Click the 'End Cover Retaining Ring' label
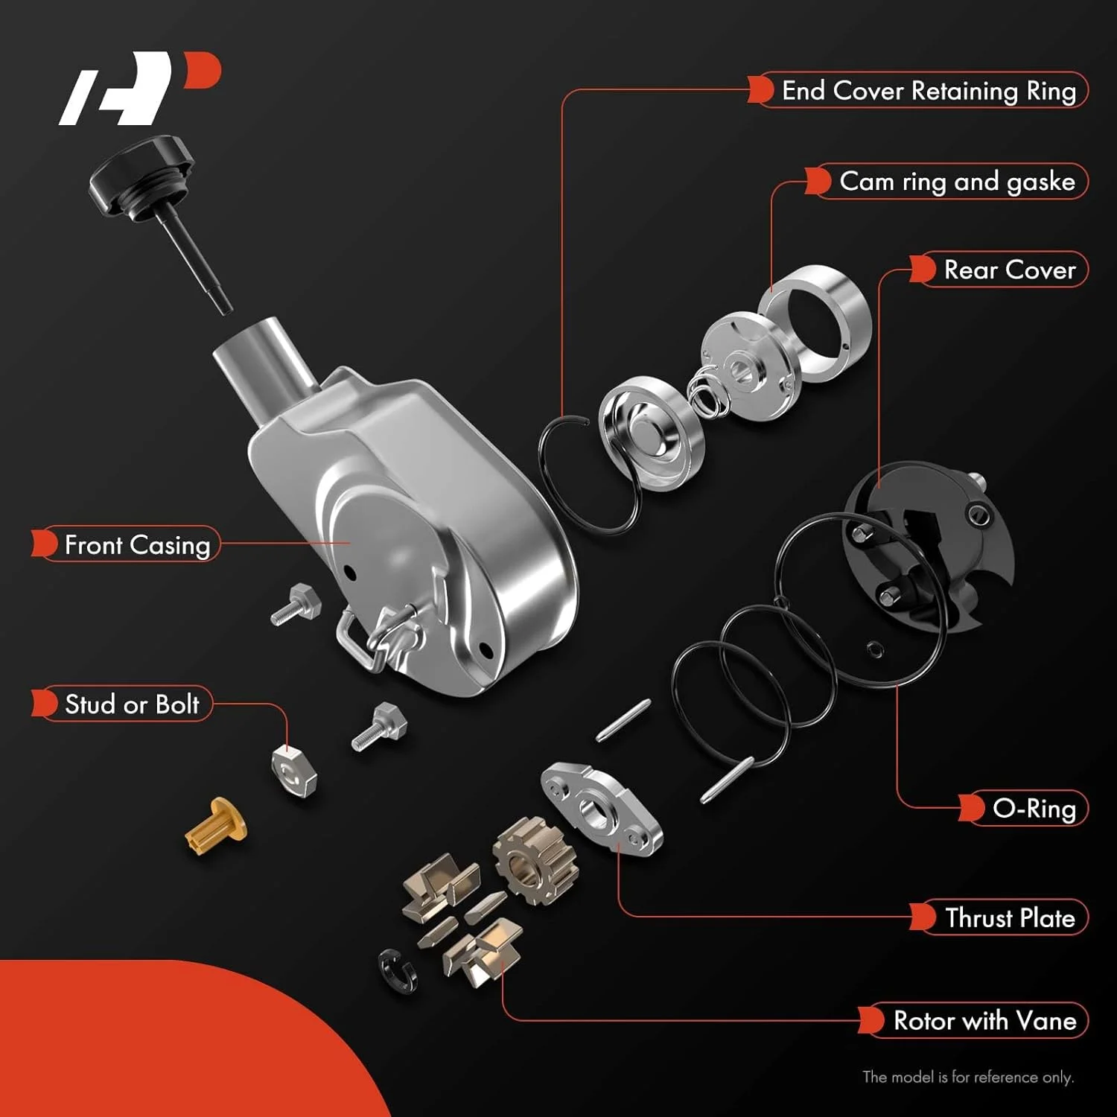coord(928,91)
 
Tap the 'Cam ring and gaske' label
coord(956,182)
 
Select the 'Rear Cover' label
coord(1009,270)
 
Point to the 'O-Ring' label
coord(1034,809)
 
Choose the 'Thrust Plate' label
coord(1009,917)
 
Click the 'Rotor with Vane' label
coord(984,1020)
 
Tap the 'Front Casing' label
coord(137,544)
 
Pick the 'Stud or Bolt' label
coord(132,704)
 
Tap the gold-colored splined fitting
coord(216,826)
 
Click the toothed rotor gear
coord(535,860)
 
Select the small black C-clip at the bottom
coord(397,971)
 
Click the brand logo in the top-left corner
coord(138,87)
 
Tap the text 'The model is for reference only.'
coord(967,1077)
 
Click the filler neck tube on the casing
coord(268,357)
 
